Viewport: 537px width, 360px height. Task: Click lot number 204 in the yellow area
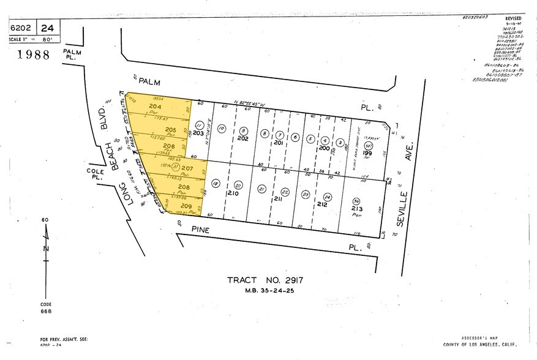pos(155,107)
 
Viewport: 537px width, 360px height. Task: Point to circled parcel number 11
pos(198,125)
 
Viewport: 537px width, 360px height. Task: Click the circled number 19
pos(215,183)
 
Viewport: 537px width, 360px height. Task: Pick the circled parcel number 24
pos(328,197)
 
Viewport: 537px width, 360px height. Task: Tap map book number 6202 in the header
pos(22,28)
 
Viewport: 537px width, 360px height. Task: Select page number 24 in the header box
pos(48,28)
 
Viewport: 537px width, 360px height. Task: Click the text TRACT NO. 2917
pos(266,280)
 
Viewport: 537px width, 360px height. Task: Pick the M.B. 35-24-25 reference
pos(266,291)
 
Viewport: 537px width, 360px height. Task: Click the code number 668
pos(47,311)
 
